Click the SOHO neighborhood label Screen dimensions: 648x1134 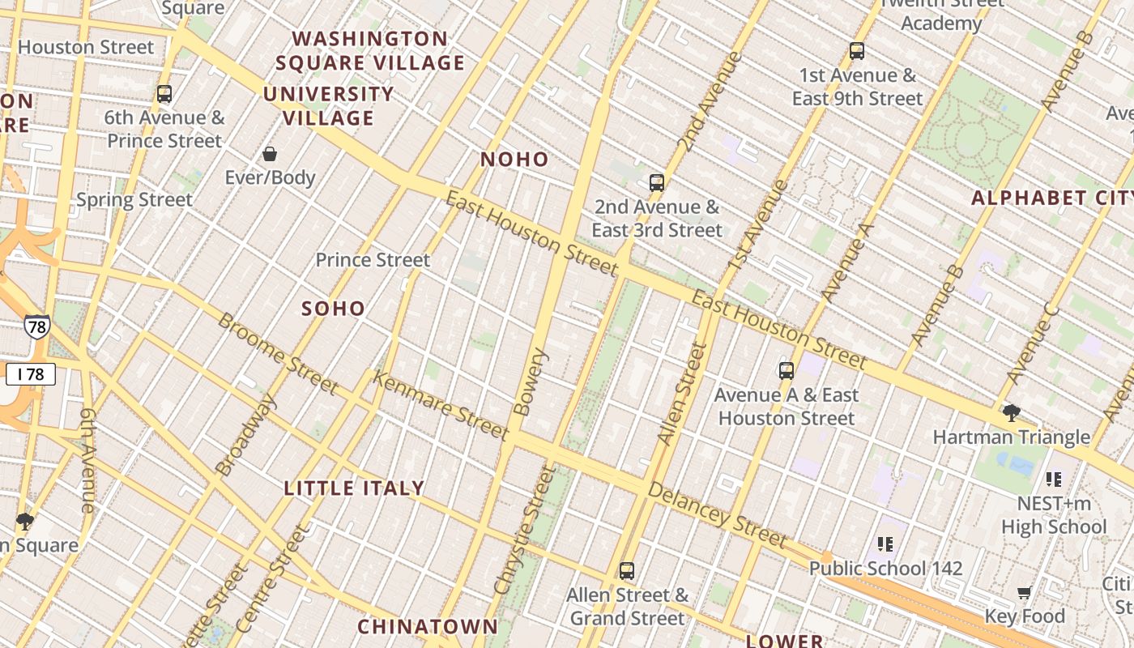click(333, 309)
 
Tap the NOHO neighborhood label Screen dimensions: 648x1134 click(514, 160)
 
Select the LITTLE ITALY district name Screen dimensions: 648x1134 click(354, 488)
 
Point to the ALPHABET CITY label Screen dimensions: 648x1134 click(1051, 198)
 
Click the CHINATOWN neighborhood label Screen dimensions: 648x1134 click(428, 626)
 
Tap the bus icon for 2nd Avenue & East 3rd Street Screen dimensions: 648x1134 click(656, 182)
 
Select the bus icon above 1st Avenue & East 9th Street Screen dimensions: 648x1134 click(857, 51)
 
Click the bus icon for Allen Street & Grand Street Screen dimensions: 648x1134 click(627, 570)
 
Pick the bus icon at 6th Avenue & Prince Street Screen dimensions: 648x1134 click(164, 93)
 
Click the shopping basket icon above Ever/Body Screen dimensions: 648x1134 click(270, 153)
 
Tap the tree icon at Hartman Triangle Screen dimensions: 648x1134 click(1011, 413)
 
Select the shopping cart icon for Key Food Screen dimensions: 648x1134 click(1024, 592)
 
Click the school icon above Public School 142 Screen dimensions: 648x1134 click(885, 544)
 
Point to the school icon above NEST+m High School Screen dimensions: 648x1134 click(1053, 479)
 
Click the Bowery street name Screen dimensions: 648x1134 click(531, 382)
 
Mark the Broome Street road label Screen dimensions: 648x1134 click(278, 353)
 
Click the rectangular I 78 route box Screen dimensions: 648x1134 click(30, 373)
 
